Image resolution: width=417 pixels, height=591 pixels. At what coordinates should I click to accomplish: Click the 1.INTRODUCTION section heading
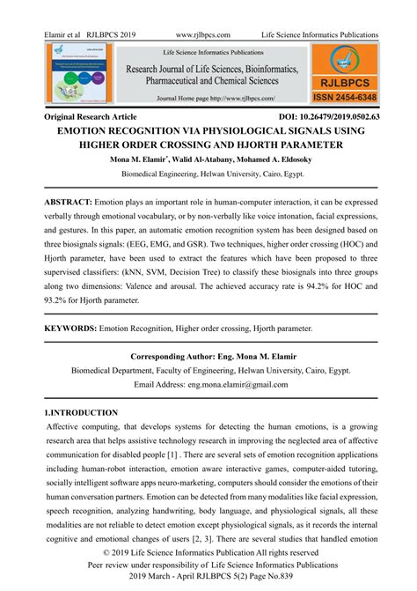click(x=81, y=412)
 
